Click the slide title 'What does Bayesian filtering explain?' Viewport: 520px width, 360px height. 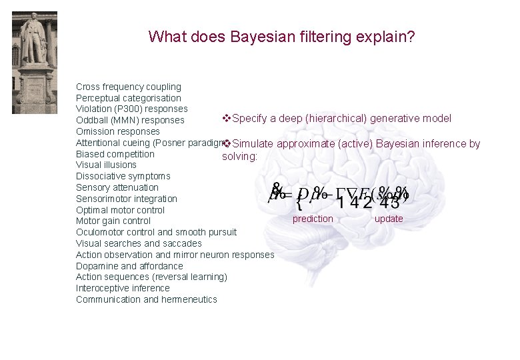pyautogui.click(x=282, y=36)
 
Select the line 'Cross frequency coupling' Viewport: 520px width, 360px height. pyautogui.click(x=129, y=87)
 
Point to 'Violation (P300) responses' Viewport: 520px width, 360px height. pyautogui.click(x=132, y=109)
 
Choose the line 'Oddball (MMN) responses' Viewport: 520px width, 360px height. pyautogui.click(x=130, y=121)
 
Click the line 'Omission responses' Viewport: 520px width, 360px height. pyautogui.click(x=118, y=131)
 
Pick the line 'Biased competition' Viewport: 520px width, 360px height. pyautogui.click(x=115, y=154)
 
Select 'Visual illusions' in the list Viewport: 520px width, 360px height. pyautogui.click(x=106, y=165)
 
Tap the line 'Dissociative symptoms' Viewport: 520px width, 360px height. pyautogui.click(x=123, y=176)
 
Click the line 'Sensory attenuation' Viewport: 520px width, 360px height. pyautogui.click(x=117, y=187)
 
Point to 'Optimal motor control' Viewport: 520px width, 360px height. pyautogui.click(x=119, y=210)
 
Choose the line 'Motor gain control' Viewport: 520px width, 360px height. pyautogui.click(x=113, y=221)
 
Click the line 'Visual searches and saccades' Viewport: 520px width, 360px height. pyautogui.click(x=139, y=243)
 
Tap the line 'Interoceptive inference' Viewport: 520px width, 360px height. pyautogui.click(x=123, y=288)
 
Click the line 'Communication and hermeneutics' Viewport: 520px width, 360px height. pyautogui.click(x=147, y=299)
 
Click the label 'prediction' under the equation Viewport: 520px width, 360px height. pyautogui.click(x=313, y=219)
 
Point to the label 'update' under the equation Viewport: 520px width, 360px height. pyautogui.click(x=389, y=219)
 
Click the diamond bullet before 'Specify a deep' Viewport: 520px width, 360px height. pyautogui.click(x=226, y=118)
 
